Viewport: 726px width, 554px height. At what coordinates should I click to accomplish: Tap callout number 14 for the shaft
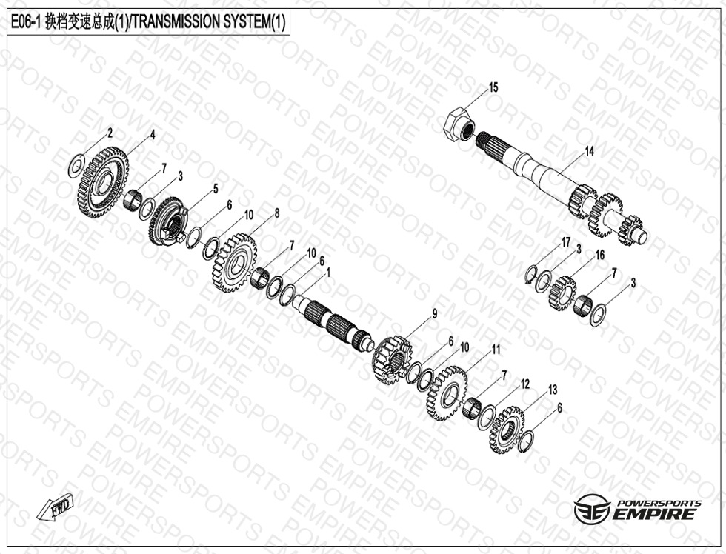(590, 151)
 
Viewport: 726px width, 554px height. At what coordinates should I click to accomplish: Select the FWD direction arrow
(56, 507)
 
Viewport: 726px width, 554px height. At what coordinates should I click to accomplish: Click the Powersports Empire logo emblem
(592, 509)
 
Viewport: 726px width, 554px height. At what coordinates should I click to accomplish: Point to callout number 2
(110, 133)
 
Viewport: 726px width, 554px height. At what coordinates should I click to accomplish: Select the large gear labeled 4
(103, 182)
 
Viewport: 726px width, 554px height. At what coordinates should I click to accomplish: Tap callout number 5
(216, 188)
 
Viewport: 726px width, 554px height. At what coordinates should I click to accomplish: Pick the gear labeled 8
(236, 263)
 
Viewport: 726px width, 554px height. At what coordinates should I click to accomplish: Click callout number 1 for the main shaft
(329, 272)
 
